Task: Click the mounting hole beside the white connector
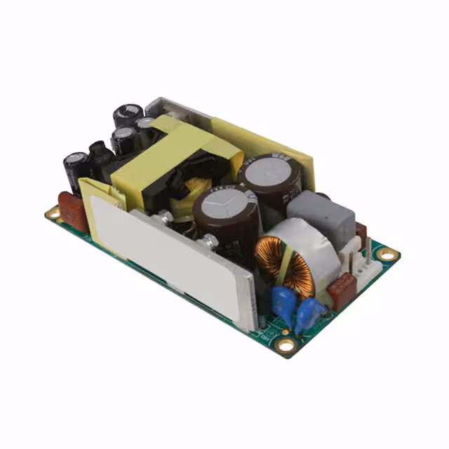[387, 254]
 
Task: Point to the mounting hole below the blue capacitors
[286, 344]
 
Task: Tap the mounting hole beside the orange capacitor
[53, 212]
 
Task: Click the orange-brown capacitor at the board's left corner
[72, 210]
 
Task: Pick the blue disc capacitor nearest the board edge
[309, 314]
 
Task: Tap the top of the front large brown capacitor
[223, 203]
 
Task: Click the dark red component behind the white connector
[361, 232]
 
